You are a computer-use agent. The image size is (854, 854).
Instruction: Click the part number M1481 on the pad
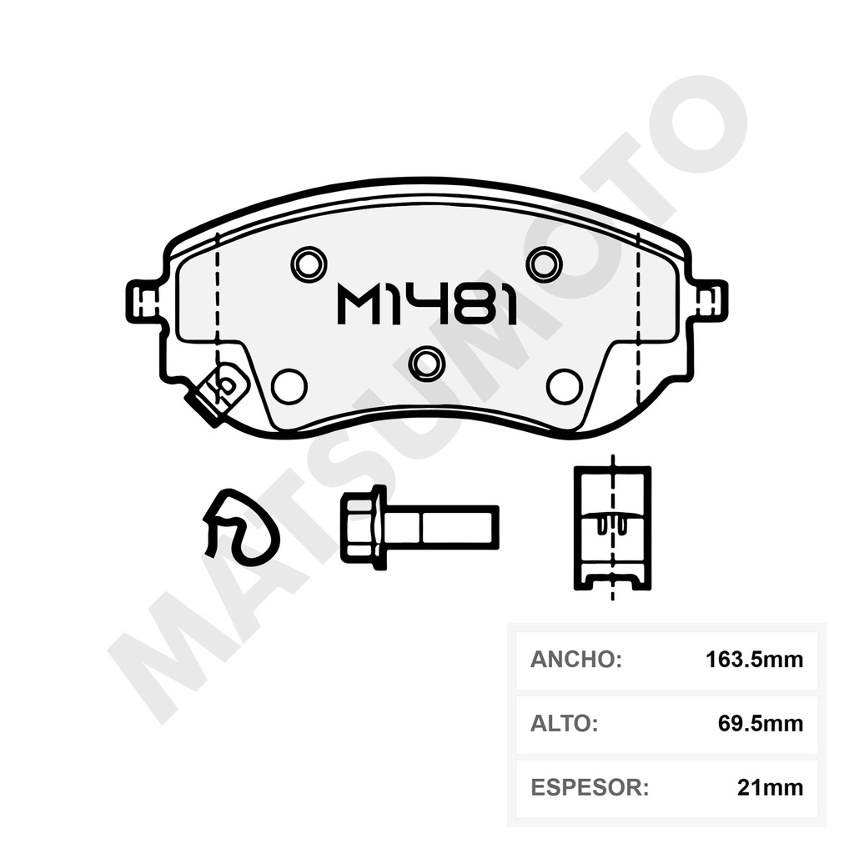(426, 304)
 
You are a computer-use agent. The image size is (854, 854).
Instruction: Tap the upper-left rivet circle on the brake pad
(308, 265)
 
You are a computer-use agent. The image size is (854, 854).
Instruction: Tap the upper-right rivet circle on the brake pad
(544, 265)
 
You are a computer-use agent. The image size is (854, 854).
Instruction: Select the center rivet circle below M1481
(426, 362)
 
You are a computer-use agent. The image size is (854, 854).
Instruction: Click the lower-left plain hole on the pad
(289, 386)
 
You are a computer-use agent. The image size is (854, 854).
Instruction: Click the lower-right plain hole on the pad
(564, 386)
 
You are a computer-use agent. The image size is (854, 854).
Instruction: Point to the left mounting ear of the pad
(142, 301)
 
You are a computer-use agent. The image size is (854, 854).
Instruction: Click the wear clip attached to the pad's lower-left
(218, 389)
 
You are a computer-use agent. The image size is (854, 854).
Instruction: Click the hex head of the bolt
(362, 527)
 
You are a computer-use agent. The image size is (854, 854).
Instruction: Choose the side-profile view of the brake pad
(613, 527)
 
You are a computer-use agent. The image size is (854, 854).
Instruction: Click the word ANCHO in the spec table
(576, 660)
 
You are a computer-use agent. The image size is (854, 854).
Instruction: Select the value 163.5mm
(754, 660)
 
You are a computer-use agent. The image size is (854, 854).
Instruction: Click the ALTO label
(564, 723)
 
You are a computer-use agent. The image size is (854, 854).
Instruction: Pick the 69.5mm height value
(760, 723)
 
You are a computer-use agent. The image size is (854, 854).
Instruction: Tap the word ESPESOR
(589, 786)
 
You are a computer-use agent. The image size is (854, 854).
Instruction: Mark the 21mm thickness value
(770, 786)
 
